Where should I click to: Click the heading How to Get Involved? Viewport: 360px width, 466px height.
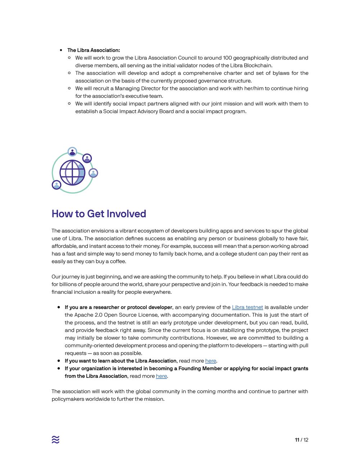tap(99, 214)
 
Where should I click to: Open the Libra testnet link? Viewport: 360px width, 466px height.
tap(247, 307)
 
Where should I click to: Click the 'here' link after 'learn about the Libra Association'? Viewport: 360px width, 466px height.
tap(211, 361)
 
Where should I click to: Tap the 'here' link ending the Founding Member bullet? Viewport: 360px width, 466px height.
tap(161, 376)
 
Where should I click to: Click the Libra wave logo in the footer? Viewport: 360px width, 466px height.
tap(55, 440)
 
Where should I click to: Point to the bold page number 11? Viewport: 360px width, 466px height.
tap(297, 440)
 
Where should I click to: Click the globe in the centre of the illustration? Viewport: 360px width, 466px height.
tap(72, 172)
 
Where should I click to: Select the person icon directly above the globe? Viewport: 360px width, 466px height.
tap(72, 152)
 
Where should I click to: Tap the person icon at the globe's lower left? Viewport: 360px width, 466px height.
tap(57, 185)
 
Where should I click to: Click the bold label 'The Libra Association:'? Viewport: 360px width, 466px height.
tap(94, 50)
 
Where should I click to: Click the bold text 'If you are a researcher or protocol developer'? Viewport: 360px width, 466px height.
tap(118, 307)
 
